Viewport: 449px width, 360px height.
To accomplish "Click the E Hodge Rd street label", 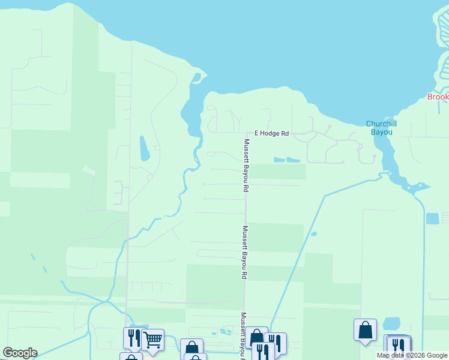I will tap(272, 133).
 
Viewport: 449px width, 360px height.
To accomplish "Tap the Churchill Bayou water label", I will tap(379, 128).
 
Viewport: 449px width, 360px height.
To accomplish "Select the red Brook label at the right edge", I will tap(438, 97).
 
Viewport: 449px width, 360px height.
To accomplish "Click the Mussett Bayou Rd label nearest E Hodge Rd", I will tap(246, 165).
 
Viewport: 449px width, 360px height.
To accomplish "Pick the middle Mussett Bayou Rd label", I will tap(245, 252).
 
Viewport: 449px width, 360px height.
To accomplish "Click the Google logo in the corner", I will tap(20, 353).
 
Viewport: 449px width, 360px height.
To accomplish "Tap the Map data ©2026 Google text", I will tap(412, 356).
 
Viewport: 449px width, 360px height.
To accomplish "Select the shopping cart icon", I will tap(152, 340).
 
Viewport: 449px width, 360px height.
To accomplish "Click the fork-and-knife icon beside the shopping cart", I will tap(133, 338).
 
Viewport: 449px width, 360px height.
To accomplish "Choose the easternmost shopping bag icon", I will tap(365, 330).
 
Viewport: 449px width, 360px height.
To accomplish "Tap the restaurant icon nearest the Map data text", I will tap(399, 346).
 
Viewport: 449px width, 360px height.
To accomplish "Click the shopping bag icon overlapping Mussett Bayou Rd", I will tap(256, 337).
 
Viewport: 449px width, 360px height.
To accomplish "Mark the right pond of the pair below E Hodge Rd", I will tap(293, 160).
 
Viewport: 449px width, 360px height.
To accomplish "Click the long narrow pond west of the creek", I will tap(144, 148).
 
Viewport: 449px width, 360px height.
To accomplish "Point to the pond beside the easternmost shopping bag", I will tap(391, 323).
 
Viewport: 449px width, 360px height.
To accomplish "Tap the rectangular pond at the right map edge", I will tap(432, 218).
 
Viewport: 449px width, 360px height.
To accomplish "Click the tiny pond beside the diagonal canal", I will tap(313, 234).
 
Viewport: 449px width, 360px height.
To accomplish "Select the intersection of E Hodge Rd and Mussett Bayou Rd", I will tap(246, 133).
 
